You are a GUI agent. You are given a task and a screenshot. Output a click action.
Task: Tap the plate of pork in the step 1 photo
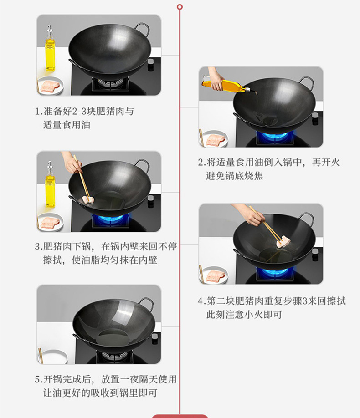click(x=51, y=86)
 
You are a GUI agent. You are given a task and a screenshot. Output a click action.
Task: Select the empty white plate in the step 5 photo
click(x=53, y=357)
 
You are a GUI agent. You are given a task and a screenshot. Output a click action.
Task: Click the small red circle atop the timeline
click(x=180, y=7)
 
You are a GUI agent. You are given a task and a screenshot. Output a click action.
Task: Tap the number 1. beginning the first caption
click(x=39, y=111)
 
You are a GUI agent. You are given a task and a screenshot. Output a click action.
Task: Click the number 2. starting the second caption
click(x=202, y=162)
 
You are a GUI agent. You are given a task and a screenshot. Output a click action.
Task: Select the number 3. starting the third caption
click(x=39, y=246)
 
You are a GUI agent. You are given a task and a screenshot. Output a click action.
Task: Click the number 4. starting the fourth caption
click(x=202, y=301)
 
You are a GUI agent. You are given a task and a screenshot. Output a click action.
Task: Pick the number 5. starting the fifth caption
click(x=39, y=379)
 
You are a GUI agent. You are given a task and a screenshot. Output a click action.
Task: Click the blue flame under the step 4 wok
click(x=273, y=272)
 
